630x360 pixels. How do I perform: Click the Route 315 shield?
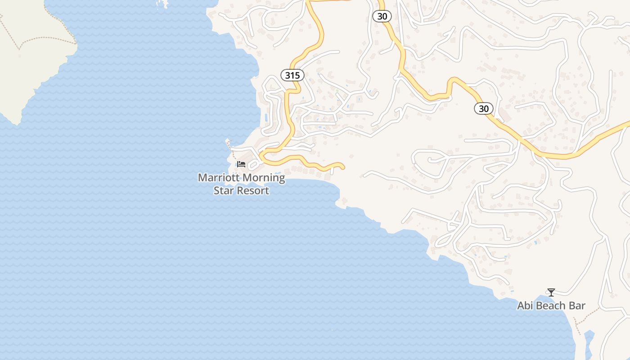pos(292,75)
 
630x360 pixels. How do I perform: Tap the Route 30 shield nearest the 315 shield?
pos(382,16)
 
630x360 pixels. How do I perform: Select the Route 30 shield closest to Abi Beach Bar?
pos(484,108)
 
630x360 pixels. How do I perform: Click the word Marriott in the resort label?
pos(218,178)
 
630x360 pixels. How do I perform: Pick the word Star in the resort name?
pos(224,190)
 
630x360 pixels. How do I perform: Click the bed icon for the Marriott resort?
pos(241,164)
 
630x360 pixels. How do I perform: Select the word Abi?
pos(525,306)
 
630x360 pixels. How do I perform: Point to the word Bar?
pos(577,306)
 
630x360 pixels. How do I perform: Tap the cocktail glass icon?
pos(551,292)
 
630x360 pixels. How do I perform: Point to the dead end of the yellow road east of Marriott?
pos(343,167)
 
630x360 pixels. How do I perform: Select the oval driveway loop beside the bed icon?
pos(253,165)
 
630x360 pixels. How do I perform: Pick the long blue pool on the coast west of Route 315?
pos(267,119)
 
